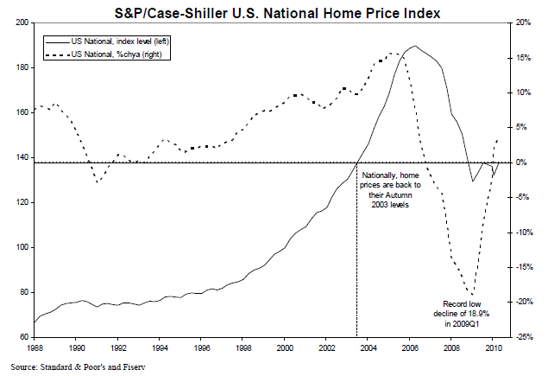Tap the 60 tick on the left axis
tap(22, 337)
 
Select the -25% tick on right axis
tap(523, 337)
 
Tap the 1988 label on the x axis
tap(34, 347)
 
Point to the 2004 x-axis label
tap(369, 347)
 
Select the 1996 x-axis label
tap(202, 347)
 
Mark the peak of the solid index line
tap(415, 46)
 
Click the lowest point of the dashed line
tap(471, 295)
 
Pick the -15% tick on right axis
tap(523, 267)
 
